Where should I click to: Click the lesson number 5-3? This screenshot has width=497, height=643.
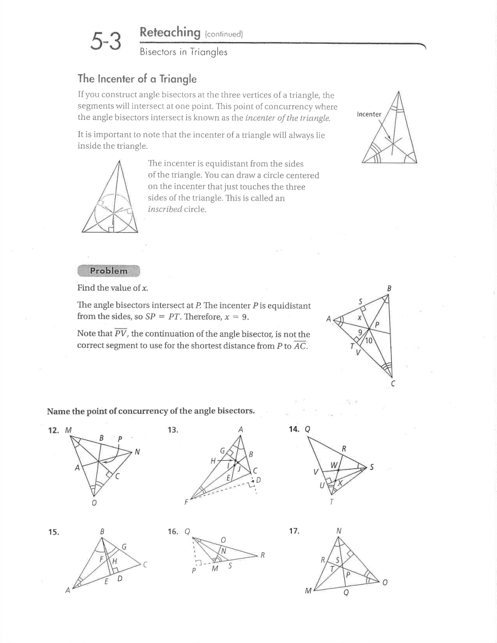tap(106, 41)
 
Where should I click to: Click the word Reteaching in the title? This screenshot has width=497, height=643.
tap(170, 33)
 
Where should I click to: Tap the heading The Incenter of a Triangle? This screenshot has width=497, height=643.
tap(137, 79)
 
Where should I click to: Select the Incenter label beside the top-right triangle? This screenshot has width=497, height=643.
tap(369, 114)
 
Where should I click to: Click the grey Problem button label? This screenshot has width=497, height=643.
tap(109, 271)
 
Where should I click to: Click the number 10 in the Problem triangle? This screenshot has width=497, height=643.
tap(369, 340)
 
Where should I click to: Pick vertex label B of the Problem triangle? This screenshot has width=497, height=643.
tap(389, 288)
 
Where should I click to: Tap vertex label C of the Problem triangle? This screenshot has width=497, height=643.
tap(393, 384)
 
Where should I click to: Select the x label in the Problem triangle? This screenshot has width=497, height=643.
tap(359, 317)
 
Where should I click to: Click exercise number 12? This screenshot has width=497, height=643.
tap(53, 430)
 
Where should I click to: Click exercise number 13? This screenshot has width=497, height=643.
tap(173, 430)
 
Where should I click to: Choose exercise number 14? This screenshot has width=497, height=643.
tap(293, 429)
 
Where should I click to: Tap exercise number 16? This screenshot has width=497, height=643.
tap(173, 532)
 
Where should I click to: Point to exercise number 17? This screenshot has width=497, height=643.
tap(294, 531)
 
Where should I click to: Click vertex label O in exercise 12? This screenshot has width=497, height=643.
tap(94, 503)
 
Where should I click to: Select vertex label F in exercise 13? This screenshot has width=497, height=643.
tap(186, 502)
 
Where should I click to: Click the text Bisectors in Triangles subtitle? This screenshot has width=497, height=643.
tap(184, 52)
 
